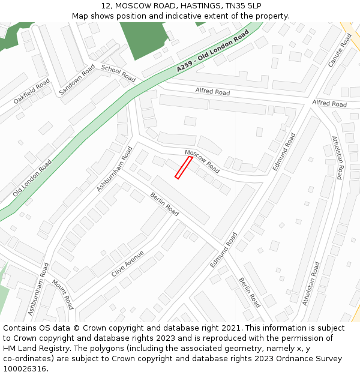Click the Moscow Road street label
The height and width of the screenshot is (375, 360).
coord(202,161)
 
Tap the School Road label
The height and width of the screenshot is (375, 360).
coord(118,73)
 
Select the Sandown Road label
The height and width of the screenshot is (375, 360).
coord(77,80)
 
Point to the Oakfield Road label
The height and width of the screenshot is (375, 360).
coord(32,92)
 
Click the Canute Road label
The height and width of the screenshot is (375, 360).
coord(339,50)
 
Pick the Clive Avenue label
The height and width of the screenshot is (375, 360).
coord(127,264)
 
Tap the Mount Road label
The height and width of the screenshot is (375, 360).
coord(62,294)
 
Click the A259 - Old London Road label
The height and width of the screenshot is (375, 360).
coord(213,53)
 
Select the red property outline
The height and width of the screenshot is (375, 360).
coord(183,167)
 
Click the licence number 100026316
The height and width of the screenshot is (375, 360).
coord(25,369)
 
